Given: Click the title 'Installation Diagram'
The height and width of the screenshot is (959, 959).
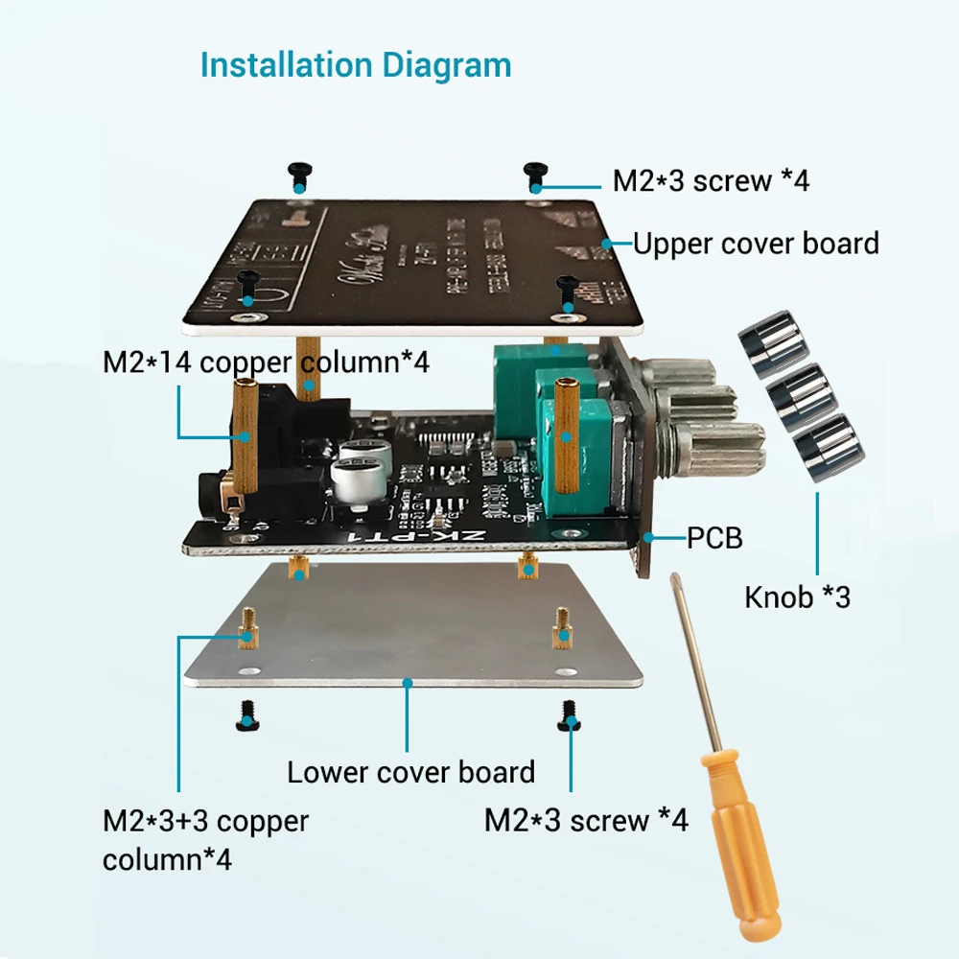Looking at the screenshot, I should pyautogui.click(x=355, y=65).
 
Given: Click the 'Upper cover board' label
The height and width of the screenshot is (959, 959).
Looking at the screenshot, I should pyautogui.click(x=756, y=244).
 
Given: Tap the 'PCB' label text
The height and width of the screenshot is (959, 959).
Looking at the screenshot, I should pyautogui.click(x=714, y=538).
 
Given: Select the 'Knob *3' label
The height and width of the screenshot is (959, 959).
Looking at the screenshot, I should pyautogui.click(x=797, y=597).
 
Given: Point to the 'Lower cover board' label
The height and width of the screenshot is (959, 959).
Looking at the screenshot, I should pyautogui.click(x=410, y=772).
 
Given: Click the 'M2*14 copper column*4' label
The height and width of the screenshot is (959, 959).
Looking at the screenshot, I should pyautogui.click(x=267, y=363).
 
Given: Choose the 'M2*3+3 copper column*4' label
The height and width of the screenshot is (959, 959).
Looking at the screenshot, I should pyautogui.click(x=205, y=839).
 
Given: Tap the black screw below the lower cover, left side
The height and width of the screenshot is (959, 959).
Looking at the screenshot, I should pyautogui.click(x=246, y=714).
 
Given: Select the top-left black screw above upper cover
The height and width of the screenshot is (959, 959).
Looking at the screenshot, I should pyautogui.click(x=297, y=174).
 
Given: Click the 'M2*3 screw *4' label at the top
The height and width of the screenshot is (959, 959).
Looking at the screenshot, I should pyautogui.click(x=711, y=180).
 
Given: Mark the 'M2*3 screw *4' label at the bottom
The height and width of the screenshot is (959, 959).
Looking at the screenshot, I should pyautogui.click(x=586, y=820).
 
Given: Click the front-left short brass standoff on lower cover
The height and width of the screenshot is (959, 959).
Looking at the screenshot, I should pyautogui.click(x=247, y=627).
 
